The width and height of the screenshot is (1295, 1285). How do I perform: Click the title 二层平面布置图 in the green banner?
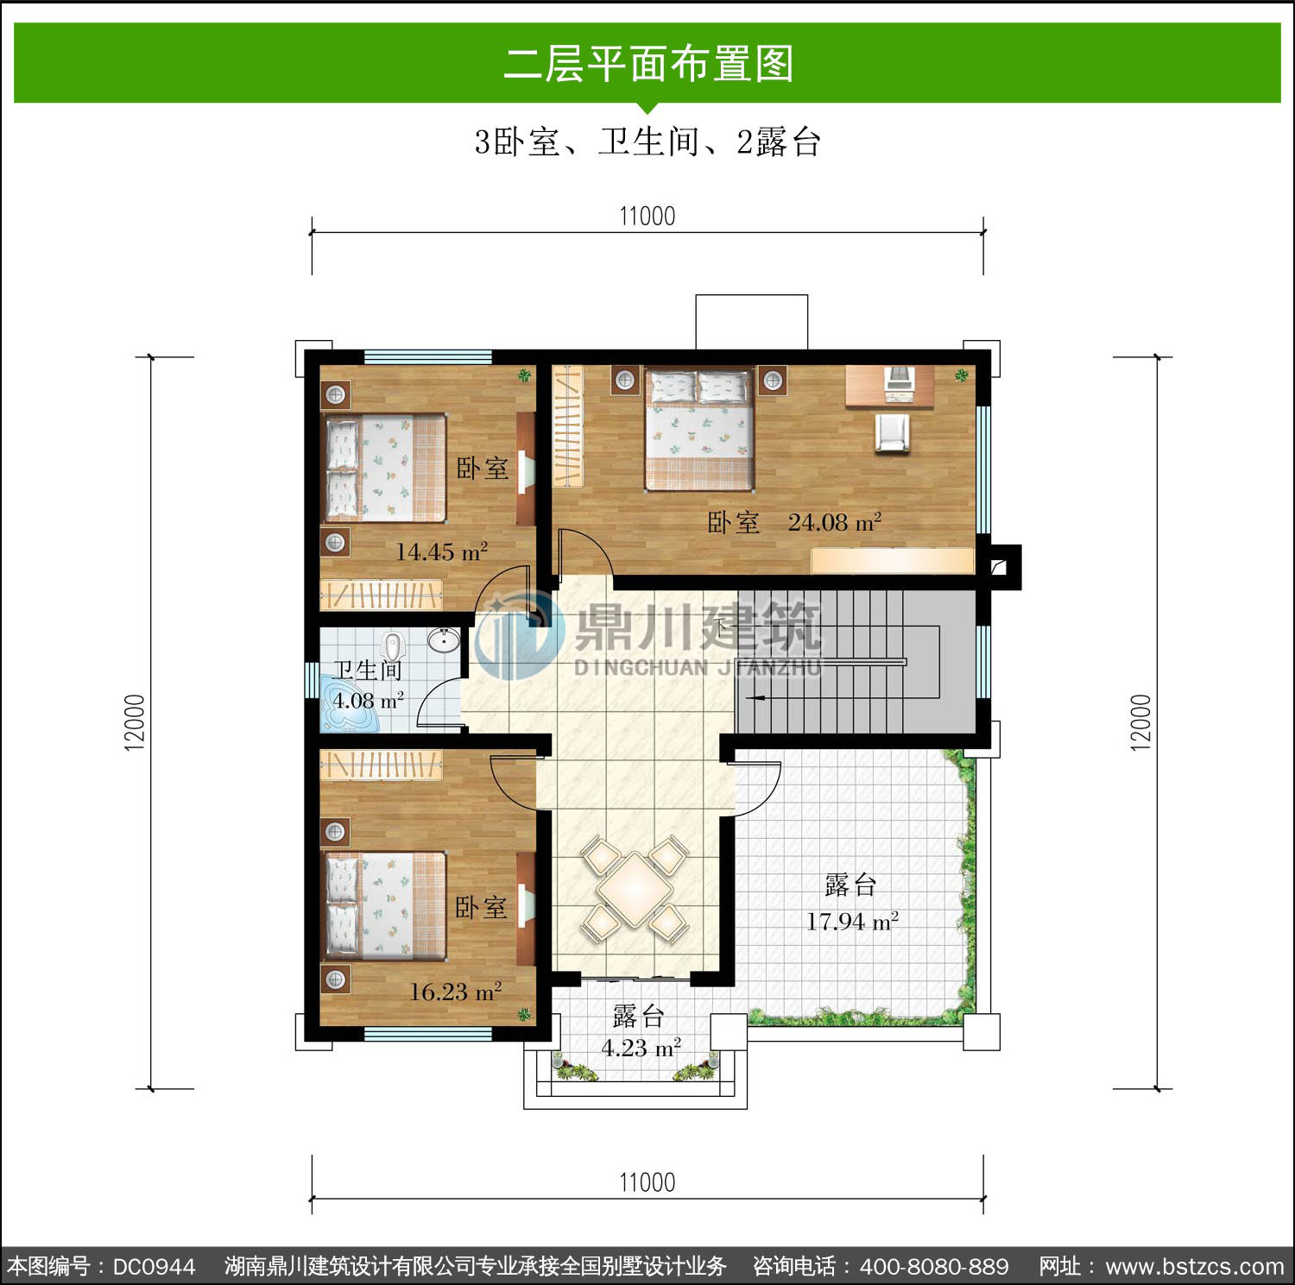click(648, 64)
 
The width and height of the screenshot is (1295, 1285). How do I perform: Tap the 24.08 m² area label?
click(835, 522)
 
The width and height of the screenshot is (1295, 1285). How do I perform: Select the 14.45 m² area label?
click(442, 551)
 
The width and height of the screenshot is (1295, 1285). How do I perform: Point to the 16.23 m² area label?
click(456, 992)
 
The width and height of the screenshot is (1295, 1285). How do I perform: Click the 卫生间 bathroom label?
click(369, 670)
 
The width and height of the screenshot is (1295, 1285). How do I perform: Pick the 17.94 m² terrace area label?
click(853, 922)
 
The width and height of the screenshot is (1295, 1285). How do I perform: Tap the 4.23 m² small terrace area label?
click(641, 1048)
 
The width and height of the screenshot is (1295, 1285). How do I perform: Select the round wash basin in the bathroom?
click(444, 639)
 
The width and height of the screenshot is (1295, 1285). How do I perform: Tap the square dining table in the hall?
click(635, 889)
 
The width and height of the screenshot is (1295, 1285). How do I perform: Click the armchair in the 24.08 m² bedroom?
click(893, 432)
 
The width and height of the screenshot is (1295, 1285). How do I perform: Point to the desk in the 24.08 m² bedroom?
click(889, 386)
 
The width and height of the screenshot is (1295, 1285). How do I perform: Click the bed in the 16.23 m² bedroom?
click(384, 905)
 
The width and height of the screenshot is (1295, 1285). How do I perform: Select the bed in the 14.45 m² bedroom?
click(384, 469)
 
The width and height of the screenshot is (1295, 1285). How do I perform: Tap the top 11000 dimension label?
click(647, 216)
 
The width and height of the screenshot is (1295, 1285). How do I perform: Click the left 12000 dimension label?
click(135, 722)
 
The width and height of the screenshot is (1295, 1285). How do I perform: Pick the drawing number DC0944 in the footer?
click(155, 1266)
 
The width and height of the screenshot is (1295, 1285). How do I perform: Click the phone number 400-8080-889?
click(934, 1266)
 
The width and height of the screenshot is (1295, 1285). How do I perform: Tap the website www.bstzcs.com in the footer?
click(1195, 1266)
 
